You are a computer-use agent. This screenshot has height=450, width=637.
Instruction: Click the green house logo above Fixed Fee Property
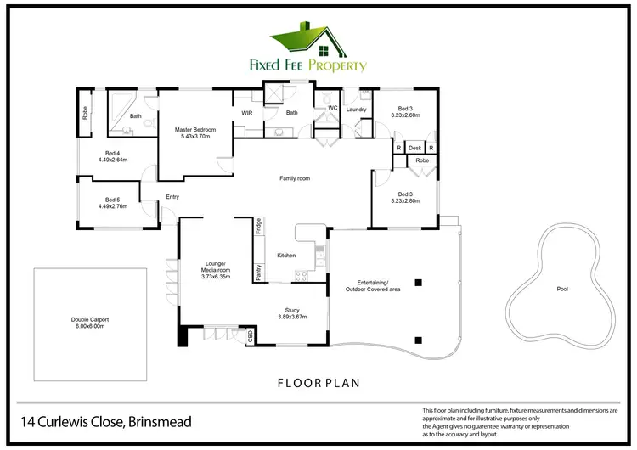[x=318, y=39]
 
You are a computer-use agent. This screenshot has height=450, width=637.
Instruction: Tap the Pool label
[x=561, y=289]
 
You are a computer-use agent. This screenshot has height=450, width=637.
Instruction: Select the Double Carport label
[x=89, y=322]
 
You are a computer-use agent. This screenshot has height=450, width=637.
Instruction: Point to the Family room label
[x=295, y=178]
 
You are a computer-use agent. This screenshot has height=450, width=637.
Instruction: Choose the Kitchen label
[x=286, y=256]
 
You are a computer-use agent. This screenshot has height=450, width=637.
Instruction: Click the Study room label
[x=291, y=312]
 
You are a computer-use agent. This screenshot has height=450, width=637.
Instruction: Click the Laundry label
[x=356, y=110]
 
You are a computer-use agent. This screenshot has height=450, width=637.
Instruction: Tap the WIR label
[x=247, y=112]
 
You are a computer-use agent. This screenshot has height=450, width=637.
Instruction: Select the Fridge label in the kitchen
[x=257, y=227]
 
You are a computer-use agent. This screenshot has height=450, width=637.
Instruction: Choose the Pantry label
[x=257, y=273]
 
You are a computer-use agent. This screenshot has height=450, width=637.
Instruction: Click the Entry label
[x=172, y=197]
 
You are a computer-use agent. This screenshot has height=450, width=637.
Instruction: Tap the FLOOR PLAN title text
[x=319, y=383]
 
